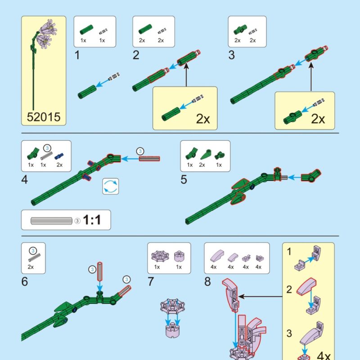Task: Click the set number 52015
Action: pyautogui.click(x=44, y=117)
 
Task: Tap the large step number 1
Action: pyautogui.click(x=77, y=55)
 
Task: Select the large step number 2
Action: pyautogui.click(x=136, y=55)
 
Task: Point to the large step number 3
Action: pyautogui.click(x=231, y=55)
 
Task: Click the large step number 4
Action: pyautogui.click(x=25, y=180)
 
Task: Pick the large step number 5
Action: pyautogui.click(x=184, y=180)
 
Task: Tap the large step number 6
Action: pyautogui.click(x=25, y=282)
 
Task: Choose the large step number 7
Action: pyautogui.click(x=151, y=282)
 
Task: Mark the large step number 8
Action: pyautogui.click(x=207, y=282)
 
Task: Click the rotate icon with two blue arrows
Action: pyautogui.click(x=111, y=186)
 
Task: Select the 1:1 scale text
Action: pyautogui.click(x=92, y=220)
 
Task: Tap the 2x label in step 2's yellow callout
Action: pyautogui.click(x=203, y=119)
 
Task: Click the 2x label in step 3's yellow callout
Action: pyautogui.click(x=318, y=119)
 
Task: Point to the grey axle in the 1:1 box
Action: pyautogui.click(x=51, y=221)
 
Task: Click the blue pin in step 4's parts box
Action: pyautogui.click(x=59, y=156)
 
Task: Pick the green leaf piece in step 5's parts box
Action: pyautogui.click(x=206, y=155)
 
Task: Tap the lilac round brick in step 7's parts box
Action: pyautogui.click(x=179, y=256)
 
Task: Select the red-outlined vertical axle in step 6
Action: pyautogui.click(x=99, y=271)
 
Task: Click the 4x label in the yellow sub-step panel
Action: pyautogui.click(x=324, y=355)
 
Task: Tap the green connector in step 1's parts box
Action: pyautogui.click(x=86, y=30)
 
